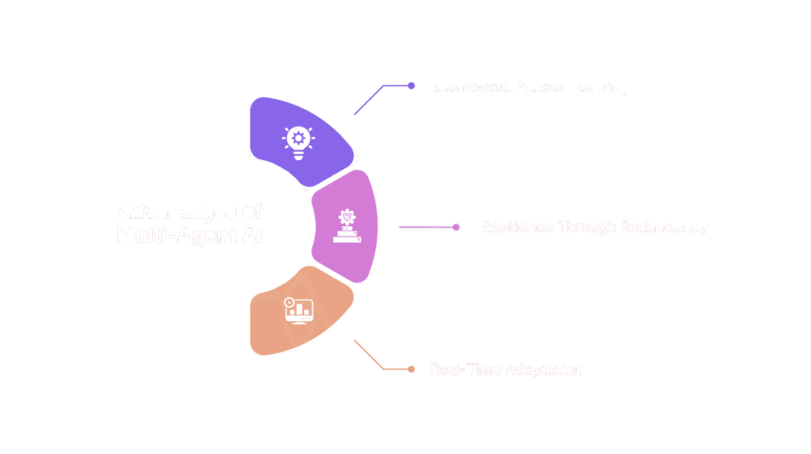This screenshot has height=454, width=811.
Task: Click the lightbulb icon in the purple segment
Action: pyautogui.click(x=298, y=142)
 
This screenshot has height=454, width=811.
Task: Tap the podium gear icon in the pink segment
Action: pyautogui.click(x=346, y=227)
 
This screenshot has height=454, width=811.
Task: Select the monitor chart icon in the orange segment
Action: pyautogui.click(x=299, y=311)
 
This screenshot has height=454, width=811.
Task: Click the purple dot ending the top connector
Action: pyautogui.click(x=411, y=86)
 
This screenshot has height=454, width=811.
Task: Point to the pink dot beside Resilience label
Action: pyautogui.click(x=456, y=227)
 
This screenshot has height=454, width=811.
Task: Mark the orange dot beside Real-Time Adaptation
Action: pyautogui.click(x=410, y=369)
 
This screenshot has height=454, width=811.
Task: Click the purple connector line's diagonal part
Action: pyautogui.click(x=368, y=100)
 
